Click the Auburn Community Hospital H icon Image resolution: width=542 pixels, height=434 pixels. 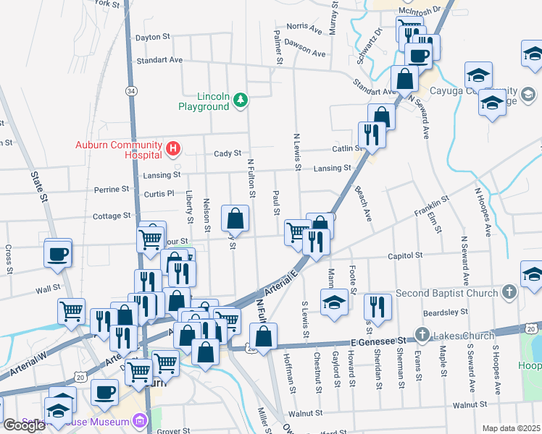click(172, 150)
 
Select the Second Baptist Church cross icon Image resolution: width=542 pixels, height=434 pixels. click(509, 294)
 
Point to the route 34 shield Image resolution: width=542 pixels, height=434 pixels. click(130, 92)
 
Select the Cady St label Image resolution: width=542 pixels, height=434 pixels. click(227, 153)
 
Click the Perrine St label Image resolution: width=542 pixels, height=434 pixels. click(112, 190)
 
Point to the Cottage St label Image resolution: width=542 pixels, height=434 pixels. click(112, 216)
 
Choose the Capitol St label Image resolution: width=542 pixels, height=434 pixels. click(404, 255)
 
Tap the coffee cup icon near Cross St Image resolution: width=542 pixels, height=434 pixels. click(58, 254)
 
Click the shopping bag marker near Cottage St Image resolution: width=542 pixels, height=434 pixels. click(235, 217)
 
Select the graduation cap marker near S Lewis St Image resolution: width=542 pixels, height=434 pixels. click(334, 302)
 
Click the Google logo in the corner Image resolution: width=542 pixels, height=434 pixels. click(24, 425)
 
